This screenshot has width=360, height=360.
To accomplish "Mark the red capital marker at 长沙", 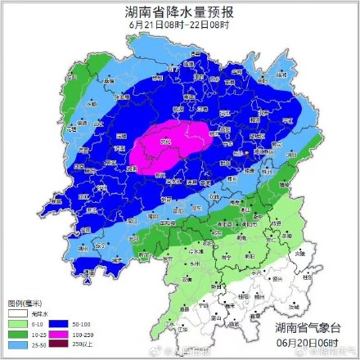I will tap(246, 151).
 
